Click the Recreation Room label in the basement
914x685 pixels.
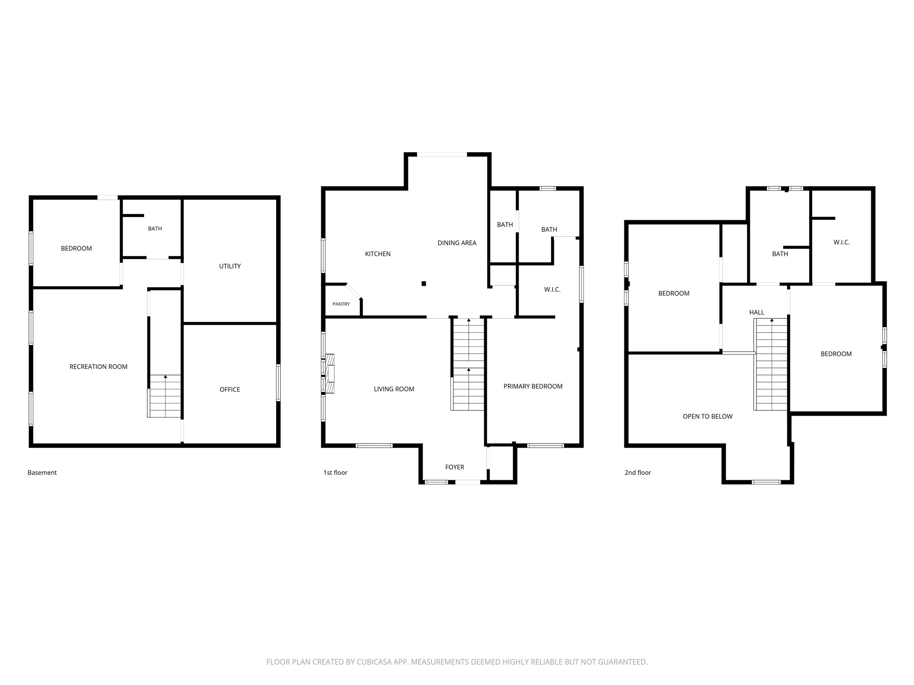click(x=98, y=367)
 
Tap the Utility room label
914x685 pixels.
click(x=230, y=266)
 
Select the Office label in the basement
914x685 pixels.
click(x=230, y=389)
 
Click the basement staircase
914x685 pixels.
click(x=165, y=396)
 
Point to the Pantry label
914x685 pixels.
click(x=341, y=304)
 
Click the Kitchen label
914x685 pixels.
click(x=378, y=254)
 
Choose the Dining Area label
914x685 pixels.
click(x=457, y=243)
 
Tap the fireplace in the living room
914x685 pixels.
click(x=330, y=373)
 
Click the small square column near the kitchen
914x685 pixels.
click(x=424, y=284)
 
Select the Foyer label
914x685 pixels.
click(x=454, y=467)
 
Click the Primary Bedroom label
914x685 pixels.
click(x=533, y=386)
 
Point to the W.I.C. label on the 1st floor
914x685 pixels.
click(x=552, y=289)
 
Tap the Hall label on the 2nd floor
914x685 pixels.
click(x=756, y=312)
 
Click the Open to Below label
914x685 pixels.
click(x=707, y=417)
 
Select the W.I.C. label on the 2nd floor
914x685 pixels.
click(x=841, y=242)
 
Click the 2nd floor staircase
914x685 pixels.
click(x=771, y=364)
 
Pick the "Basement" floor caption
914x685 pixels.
click(x=42, y=473)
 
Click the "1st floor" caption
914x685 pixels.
click(x=335, y=473)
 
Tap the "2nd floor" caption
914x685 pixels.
click(x=637, y=473)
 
